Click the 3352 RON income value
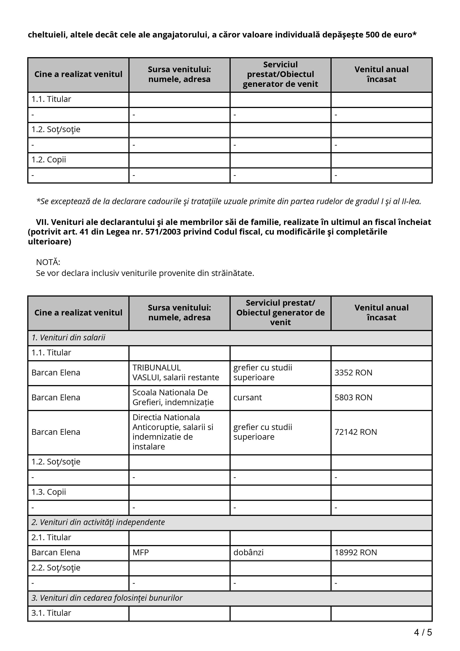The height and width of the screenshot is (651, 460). (353, 373)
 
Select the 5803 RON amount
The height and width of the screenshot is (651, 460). (353, 398)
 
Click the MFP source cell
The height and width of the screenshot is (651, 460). (141, 553)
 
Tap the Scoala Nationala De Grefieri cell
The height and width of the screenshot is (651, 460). (173, 398)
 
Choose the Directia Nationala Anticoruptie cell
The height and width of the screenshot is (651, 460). (173, 432)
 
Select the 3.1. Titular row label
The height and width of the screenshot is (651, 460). (51, 613)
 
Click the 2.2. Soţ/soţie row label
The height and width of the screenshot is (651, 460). (56, 568)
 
